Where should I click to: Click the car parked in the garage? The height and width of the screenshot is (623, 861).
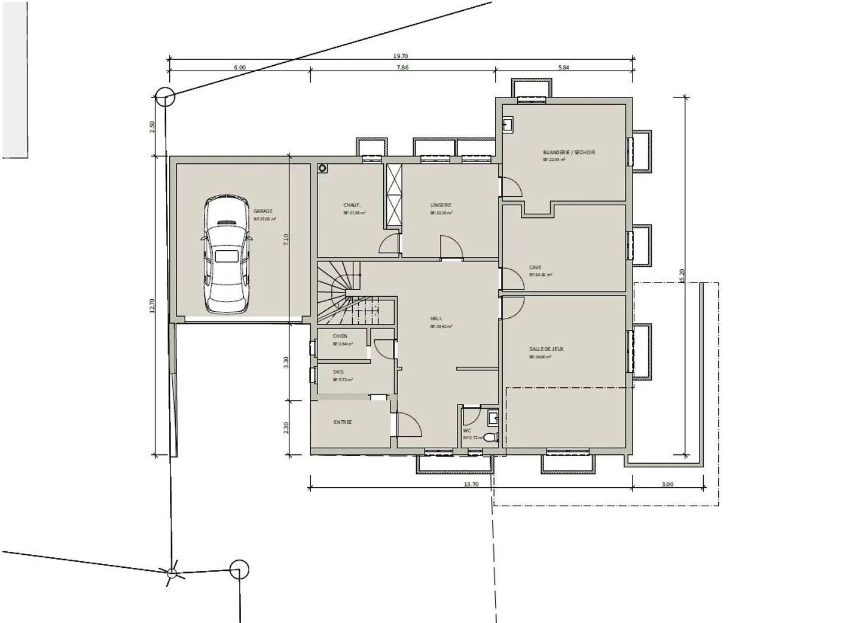226,254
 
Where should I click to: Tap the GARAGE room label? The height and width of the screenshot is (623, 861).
263,211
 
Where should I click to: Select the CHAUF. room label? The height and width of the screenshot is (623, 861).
351,205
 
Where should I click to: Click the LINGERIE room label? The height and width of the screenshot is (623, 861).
441,205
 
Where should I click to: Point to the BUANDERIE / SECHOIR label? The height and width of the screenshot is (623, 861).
569,153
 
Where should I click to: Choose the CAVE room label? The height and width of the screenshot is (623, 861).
535,268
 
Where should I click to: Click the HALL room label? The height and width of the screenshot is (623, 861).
436,319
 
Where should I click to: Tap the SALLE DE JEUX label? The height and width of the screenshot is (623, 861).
546,349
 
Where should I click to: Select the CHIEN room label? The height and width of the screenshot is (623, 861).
340,336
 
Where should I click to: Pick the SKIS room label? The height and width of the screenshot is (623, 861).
338,372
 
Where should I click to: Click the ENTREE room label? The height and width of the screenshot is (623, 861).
343,423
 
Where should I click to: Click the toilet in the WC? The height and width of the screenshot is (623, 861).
490,437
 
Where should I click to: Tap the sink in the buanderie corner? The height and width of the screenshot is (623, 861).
508,124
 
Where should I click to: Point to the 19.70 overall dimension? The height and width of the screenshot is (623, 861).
401,56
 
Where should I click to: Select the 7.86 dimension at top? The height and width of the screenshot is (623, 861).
402,68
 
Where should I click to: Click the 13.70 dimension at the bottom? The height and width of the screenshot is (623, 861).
471,484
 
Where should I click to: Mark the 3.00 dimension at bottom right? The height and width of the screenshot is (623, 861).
667,484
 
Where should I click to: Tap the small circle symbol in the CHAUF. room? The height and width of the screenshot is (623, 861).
323,169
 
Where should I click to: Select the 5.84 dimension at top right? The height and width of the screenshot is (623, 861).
563,68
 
